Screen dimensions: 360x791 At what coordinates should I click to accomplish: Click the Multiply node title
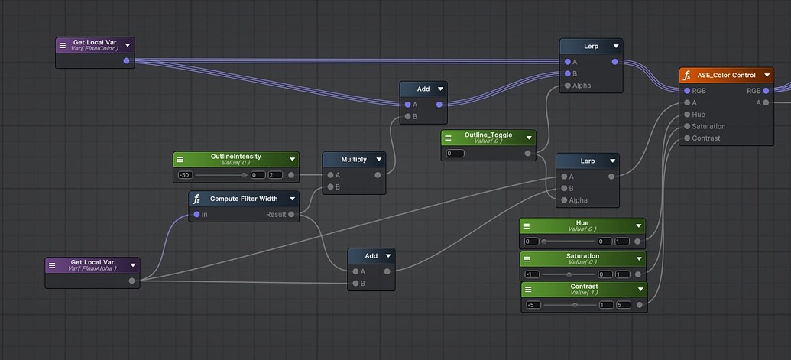(353, 160)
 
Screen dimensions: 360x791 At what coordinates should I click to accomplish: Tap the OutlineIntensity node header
(235, 159)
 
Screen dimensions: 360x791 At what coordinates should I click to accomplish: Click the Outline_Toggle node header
(488, 138)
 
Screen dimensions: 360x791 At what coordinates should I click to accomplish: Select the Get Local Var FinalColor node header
(94, 44)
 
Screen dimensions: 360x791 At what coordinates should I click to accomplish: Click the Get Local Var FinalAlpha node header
(91, 264)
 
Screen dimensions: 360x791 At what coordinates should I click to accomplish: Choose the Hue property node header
(582, 225)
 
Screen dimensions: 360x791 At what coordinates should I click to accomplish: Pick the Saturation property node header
(582, 258)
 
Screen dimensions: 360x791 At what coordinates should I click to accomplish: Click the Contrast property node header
(583, 290)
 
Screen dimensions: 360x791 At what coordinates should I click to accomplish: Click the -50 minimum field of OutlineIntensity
(184, 175)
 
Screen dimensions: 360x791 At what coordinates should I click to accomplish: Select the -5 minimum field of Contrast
(533, 305)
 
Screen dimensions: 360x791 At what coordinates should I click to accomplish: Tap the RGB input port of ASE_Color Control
(686, 91)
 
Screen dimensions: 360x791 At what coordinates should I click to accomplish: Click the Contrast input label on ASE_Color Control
(705, 138)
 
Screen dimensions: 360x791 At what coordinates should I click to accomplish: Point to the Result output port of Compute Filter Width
(291, 215)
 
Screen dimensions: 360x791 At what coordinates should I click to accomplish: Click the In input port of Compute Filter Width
(196, 215)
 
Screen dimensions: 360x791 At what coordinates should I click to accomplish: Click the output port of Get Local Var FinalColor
(126, 60)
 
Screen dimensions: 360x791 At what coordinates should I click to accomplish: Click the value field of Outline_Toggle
(455, 154)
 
